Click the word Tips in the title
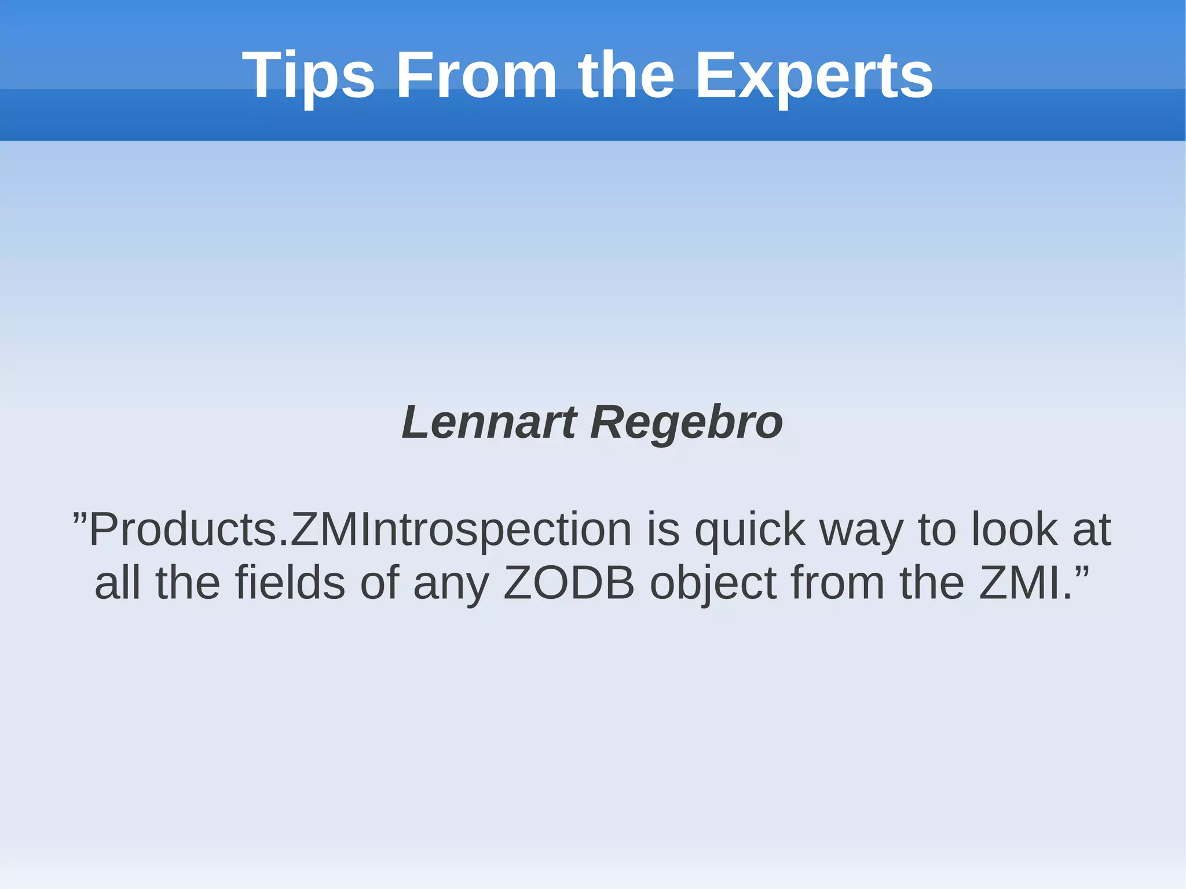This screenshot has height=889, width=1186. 308,76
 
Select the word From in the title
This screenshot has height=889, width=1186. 476,76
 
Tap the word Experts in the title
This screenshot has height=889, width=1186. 814,76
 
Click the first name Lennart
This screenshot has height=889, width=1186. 489,422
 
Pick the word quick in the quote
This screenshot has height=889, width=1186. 750,529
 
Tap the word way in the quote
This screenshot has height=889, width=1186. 862,529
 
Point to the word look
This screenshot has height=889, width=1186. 1014,529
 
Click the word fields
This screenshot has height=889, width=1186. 290,583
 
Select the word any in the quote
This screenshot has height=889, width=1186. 451,583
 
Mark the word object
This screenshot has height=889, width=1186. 713,583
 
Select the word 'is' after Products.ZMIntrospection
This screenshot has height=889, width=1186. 663,529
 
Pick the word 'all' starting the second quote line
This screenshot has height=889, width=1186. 118,583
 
